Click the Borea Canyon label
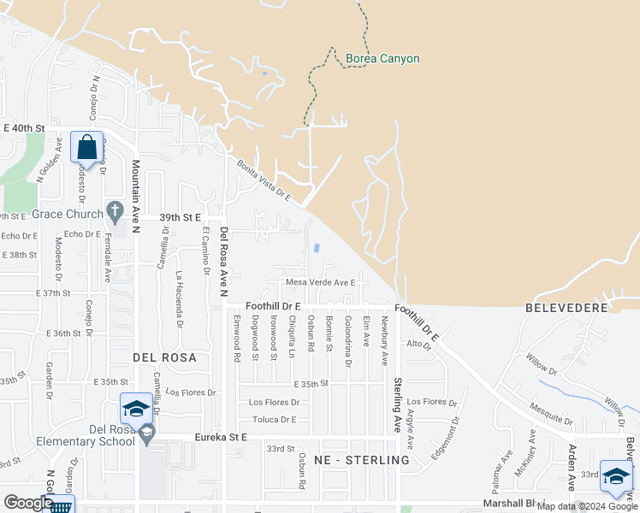point(382,59)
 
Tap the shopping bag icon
point(87,147)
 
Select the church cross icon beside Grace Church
point(116,210)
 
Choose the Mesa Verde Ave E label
point(320,282)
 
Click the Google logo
point(27,503)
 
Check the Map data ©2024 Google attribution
point(586,506)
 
